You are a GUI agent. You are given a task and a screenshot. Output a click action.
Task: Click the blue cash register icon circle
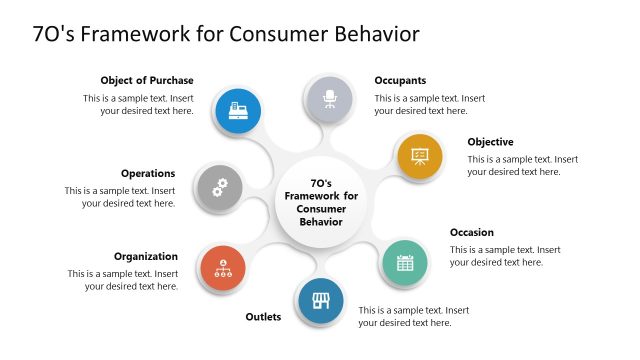tap(239, 108)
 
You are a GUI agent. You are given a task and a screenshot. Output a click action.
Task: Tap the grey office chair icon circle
tap(329, 99)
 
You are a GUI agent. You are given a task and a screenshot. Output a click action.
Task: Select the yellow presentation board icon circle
tap(419, 155)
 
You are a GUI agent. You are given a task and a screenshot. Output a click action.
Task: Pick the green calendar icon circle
tap(405, 263)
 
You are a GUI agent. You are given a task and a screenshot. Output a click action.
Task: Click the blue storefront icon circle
tap(321, 300)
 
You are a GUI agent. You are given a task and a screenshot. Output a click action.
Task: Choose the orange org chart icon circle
tap(223, 268)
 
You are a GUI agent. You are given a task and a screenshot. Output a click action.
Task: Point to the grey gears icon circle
tap(220, 186)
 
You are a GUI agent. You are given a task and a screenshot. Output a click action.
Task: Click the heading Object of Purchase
tap(147, 80)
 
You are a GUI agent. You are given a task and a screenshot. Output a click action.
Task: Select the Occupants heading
tap(400, 80)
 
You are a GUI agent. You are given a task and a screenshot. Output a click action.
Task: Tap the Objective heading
tap(490, 142)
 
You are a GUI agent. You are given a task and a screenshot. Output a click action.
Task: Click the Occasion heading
tap(471, 232)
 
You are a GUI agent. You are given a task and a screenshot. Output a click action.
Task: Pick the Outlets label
tap(263, 317)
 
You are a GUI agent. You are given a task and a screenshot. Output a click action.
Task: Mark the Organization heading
tap(145, 256)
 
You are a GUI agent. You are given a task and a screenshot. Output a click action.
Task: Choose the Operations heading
tap(148, 173)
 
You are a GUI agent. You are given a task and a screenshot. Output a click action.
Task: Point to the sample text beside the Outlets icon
tap(414, 316)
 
